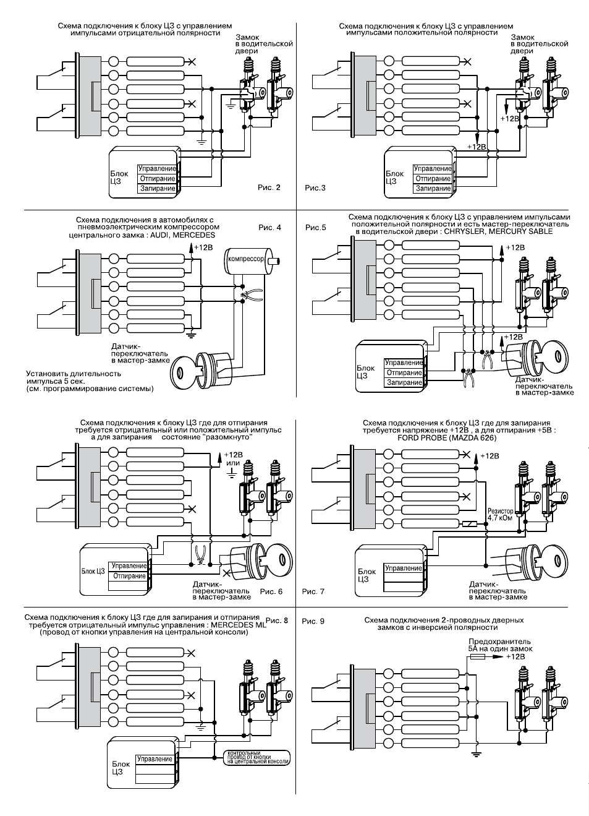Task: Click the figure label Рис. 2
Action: coord(269,187)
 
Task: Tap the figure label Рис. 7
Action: coord(313,591)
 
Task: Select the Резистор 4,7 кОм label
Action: coord(501,514)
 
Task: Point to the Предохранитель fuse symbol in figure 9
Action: coord(477,656)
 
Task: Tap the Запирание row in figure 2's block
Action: coord(157,189)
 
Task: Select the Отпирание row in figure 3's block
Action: coord(433,179)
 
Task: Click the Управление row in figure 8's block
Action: coord(155,759)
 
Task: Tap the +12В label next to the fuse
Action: coord(515,657)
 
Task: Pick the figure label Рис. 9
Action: coord(313,621)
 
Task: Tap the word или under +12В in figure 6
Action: coord(233,463)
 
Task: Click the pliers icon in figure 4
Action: coord(252,295)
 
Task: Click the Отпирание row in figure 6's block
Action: coord(129,576)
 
